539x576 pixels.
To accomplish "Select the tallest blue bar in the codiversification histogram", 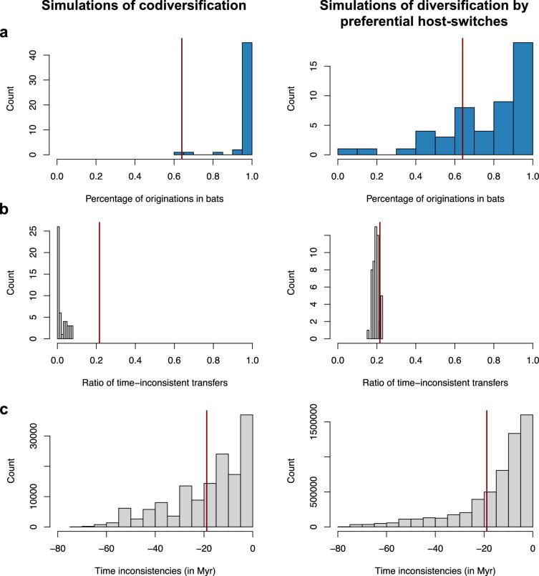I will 247,99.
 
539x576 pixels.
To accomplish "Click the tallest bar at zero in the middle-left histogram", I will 58,283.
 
